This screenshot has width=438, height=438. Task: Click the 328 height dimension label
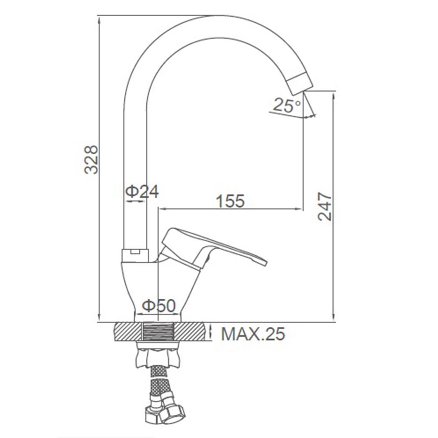pos(92,159)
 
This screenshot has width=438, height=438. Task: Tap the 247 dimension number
pos(325,206)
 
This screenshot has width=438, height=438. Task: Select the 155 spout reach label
pos(230,201)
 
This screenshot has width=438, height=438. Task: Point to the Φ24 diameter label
pos(141,191)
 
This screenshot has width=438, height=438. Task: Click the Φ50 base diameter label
pos(159,305)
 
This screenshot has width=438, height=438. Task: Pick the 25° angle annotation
pos(287,105)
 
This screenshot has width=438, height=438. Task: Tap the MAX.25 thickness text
pos(253,333)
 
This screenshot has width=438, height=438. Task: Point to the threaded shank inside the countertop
pos(158,332)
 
